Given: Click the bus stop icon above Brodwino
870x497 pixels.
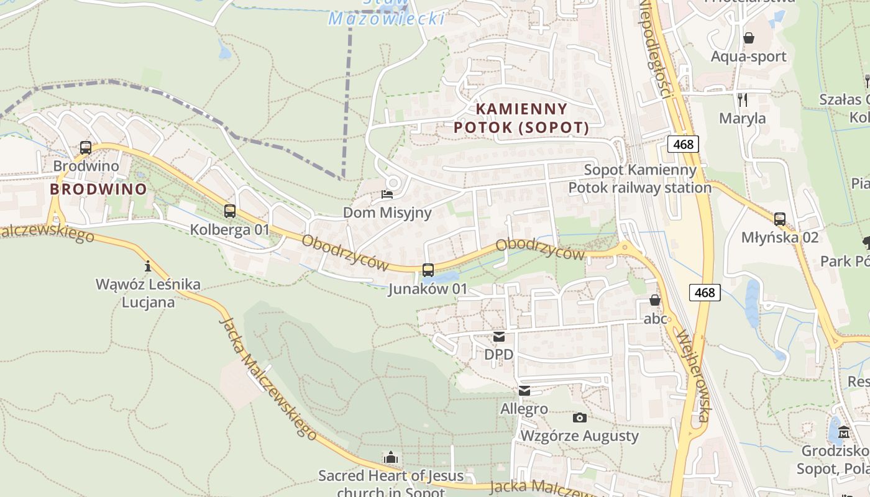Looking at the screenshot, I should [x=86, y=148].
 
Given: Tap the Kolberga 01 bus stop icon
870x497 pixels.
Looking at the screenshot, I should [x=230, y=211].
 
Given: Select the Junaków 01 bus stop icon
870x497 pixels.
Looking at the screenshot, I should [x=428, y=270].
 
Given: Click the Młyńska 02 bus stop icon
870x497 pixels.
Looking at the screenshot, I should [x=779, y=219].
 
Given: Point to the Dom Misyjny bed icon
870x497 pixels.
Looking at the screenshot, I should [x=387, y=194].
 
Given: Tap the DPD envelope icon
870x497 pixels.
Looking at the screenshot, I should [x=499, y=337].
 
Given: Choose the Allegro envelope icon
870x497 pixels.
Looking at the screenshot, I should [x=524, y=391].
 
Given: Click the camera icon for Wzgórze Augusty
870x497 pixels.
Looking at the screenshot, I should [x=579, y=417].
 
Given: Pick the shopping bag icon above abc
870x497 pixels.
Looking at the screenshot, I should [x=655, y=301].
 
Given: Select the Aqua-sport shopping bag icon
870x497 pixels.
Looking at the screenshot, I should [x=749, y=38].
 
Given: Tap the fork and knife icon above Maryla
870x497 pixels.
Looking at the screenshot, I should [x=742, y=99].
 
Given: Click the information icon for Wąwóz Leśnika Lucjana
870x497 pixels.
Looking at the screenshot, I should [x=148, y=267].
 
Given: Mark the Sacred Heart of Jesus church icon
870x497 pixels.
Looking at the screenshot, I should [x=390, y=458].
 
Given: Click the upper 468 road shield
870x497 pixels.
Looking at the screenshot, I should [x=684, y=144].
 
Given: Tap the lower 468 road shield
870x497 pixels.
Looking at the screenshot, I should [x=705, y=292].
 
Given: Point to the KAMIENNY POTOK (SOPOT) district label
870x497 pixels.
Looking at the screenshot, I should [x=521, y=118].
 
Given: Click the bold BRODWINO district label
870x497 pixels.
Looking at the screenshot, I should [x=98, y=189].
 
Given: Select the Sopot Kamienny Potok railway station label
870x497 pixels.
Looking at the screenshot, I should [x=640, y=178].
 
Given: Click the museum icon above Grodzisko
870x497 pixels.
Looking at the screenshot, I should [x=843, y=432].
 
